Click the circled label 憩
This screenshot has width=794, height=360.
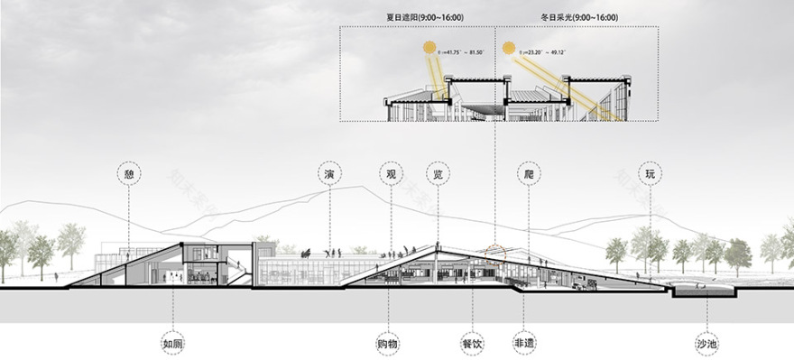tap(128, 171)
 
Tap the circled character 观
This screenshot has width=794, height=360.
tap(392, 171)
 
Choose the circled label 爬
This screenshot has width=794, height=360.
tap(528, 171)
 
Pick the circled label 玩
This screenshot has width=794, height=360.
tap(650, 171)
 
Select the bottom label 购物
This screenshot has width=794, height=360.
tap(388, 344)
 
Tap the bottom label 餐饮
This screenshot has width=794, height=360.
tap(471, 344)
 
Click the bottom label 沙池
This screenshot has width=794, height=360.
tap(707, 344)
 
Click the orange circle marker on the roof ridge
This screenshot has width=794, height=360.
tap(493, 249)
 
